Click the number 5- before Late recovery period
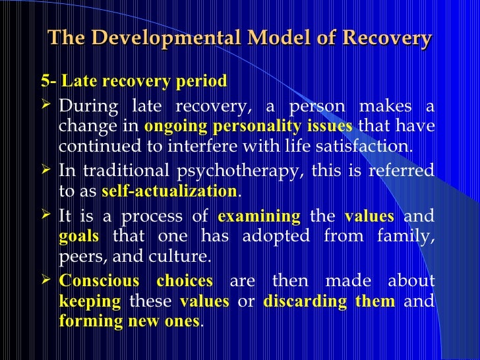[x=49, y=81]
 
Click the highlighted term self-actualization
[x=169, y=191]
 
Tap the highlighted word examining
[x=258, y=216]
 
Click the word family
[x=409, y=236]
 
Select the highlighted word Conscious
[x=99, y=282]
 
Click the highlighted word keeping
[x=90, y=301]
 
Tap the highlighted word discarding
[x=292, y=301]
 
